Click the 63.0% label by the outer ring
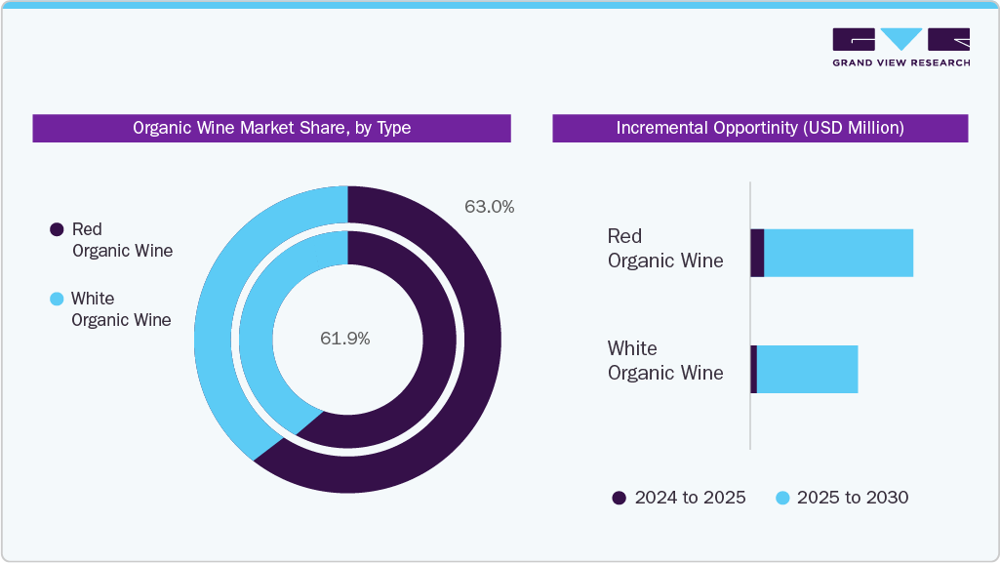tap(489, 207)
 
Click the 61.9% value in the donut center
tap(345, 339)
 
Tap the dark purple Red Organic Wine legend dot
tap(57, 229)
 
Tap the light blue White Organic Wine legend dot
tap(57, 299)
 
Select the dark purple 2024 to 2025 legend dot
tap(619, 498)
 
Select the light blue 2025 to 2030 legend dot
tap(781, 498)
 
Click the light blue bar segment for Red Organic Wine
tap(838, 253)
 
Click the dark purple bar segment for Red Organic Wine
tap(757, 253)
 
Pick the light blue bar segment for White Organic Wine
tap(807, 369)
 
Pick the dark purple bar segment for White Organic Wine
tap(753, 369)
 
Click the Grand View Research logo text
tap(900, 62)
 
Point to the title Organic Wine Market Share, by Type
tap(271, 128)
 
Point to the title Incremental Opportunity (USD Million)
tap(760, 128)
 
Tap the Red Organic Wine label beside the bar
tap(665, 249)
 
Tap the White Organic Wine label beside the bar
tap(665, 361)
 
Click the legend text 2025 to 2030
tap(852, 498)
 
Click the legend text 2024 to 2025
tap(690, 498)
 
